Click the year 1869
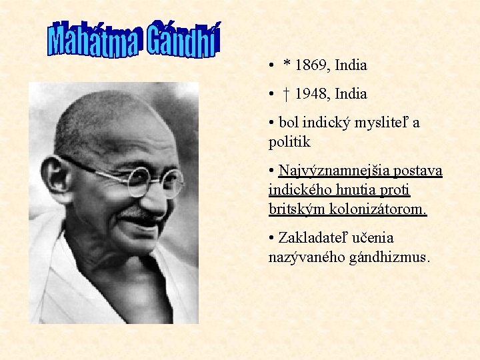[x=312, y=65]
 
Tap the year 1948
[x=312, y=94]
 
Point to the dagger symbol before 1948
[x=285, y=94]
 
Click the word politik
[x=289, y=141]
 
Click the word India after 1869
[x=351, y=65]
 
